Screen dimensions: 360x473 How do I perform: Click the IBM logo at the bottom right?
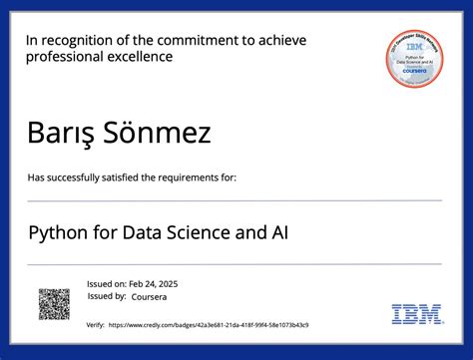pos(417,314)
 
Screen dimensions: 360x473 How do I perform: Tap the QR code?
pos(54,304)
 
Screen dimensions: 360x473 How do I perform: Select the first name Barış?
pos(60,132)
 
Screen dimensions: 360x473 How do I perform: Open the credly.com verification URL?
pos(209,325)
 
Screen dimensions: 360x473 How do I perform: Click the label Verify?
pos(96,325)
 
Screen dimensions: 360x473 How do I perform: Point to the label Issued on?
pos(107,284)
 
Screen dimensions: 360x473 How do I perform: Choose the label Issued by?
pos(107,296)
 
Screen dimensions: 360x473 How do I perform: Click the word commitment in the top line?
pos(207,40)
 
